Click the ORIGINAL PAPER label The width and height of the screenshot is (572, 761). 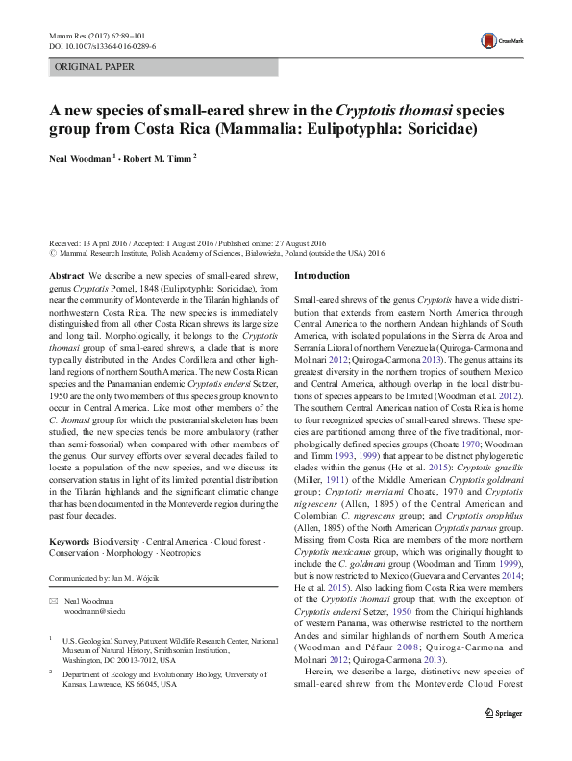click(x=94, y=67)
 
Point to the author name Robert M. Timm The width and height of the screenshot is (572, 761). click(x=158, y=157)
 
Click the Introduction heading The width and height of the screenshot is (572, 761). click(x=321, y=276)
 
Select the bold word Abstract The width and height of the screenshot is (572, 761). click(x=65, y=276)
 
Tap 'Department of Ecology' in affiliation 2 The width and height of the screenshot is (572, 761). click(x=109, y=674)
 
